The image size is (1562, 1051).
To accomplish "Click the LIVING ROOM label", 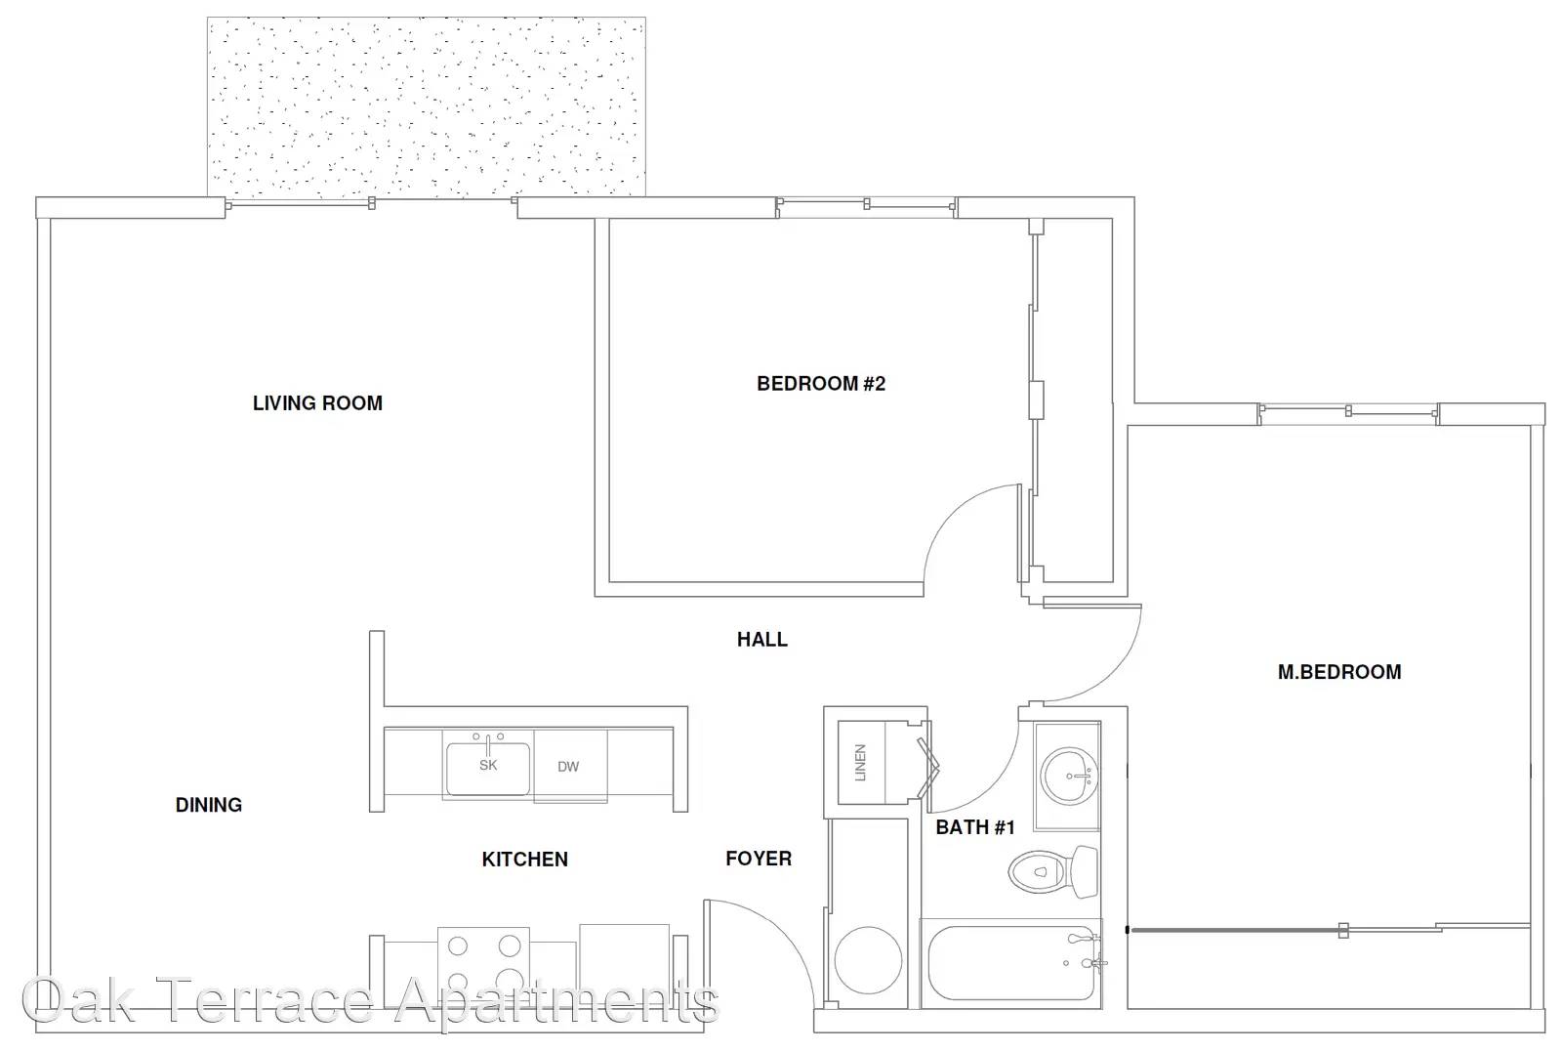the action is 317,403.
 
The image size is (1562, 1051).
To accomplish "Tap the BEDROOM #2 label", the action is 821,384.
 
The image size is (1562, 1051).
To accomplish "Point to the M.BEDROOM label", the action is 1338,672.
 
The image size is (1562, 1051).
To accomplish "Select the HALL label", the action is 762,639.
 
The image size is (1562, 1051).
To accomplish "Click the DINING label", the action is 209,806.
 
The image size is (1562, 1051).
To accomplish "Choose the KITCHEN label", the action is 524,860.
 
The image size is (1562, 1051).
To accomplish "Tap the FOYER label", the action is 759,860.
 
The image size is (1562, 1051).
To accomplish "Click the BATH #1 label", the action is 975,827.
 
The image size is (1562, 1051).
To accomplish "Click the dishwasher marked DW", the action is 570,766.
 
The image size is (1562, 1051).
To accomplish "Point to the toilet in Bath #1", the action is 1053,871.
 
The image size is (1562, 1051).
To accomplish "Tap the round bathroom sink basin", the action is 1069,777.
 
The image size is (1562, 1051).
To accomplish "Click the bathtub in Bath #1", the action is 1011,964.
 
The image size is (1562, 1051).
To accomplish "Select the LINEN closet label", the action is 860,763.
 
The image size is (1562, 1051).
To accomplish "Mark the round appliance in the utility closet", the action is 868,960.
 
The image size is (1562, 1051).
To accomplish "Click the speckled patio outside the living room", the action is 426,106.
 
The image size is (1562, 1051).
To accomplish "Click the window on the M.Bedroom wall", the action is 1348,413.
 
